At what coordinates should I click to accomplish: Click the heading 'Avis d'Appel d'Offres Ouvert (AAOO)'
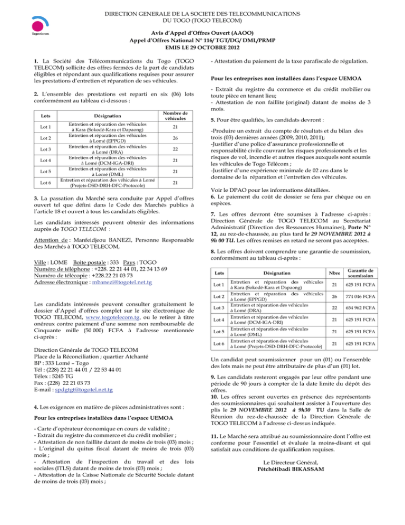[202, 31]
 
